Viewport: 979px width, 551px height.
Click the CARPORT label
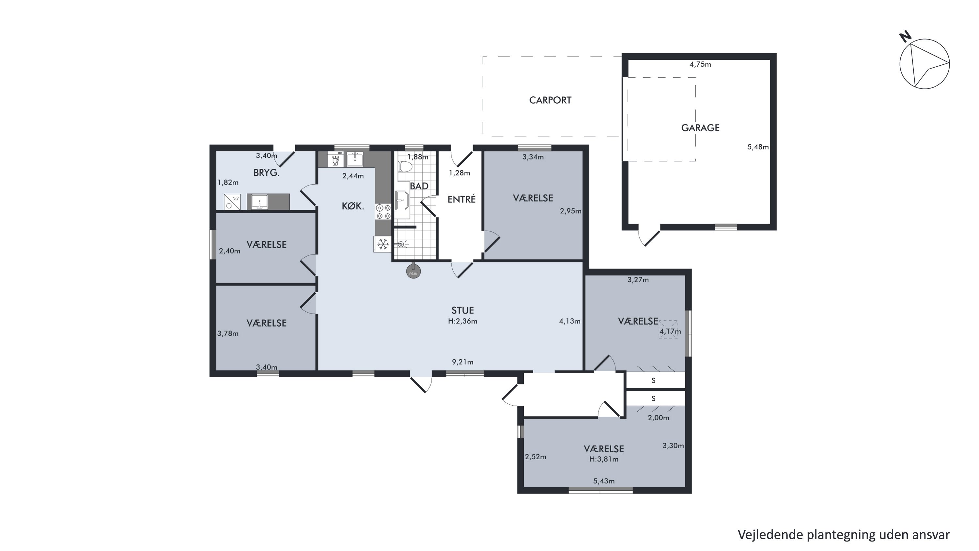point(550,100)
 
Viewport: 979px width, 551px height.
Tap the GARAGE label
point(700,128)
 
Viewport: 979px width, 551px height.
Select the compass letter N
point(906,37)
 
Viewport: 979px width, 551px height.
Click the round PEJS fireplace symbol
point(413,271)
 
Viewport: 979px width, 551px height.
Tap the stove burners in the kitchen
point(383,212)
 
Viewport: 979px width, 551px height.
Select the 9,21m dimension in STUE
point(462,362)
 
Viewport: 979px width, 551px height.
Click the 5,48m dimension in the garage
point(758,147)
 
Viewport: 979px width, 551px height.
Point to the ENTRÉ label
point(461,199)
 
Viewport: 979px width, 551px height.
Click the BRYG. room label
point(266,173)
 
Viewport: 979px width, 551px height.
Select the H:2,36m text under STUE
point(462,321)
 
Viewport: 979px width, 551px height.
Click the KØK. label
point(353,206)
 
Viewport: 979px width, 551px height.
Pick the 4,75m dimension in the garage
point(700,64)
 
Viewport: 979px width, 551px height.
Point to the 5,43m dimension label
point(604,481)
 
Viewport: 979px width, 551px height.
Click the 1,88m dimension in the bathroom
point(418,157)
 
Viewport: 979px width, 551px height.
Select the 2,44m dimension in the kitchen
point(353,176)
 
